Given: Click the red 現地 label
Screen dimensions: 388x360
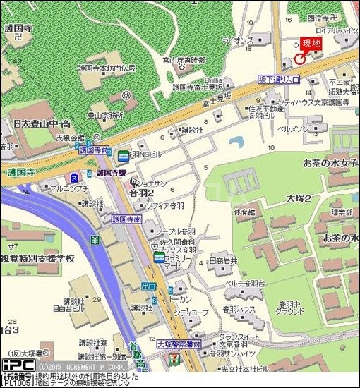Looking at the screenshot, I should pos(311,44).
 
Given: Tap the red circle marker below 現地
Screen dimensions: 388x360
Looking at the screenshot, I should pos(300,59).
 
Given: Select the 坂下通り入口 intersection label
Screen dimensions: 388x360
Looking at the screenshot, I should pos(279,80).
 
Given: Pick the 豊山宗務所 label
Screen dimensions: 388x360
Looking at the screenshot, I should pos(104,114).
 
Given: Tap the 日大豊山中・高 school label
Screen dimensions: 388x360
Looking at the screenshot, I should pos(39,123).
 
